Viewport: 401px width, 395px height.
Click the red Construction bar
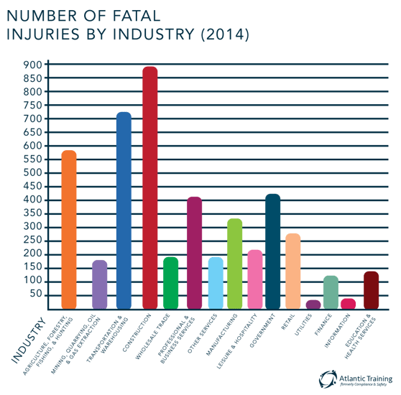(x=149, y=187)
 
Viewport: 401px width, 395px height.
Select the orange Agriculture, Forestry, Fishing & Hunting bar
(x=69, y=229)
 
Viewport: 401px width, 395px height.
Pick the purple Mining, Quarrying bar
(x=100, y=284)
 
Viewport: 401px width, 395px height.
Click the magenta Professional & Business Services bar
(x=195, y=252)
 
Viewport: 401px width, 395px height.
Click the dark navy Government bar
(x=273, y=251)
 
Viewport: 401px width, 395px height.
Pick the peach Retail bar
(x=292, y=270)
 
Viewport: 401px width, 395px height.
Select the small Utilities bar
(x=313, y=304)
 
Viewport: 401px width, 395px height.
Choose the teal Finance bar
(x=331, y=291)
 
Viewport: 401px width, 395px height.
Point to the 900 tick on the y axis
(x=33, y=65)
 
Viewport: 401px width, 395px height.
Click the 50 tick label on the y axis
(x=36, y=295)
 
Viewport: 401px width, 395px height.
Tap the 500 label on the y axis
(x=33, y=173)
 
